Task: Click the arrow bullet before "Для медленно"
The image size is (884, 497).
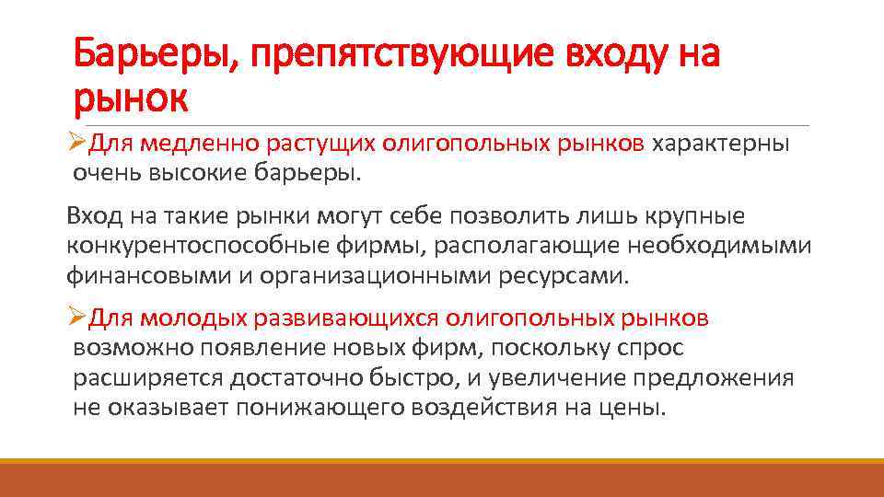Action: (77, 144)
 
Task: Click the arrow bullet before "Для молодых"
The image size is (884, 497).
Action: (77, 318)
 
